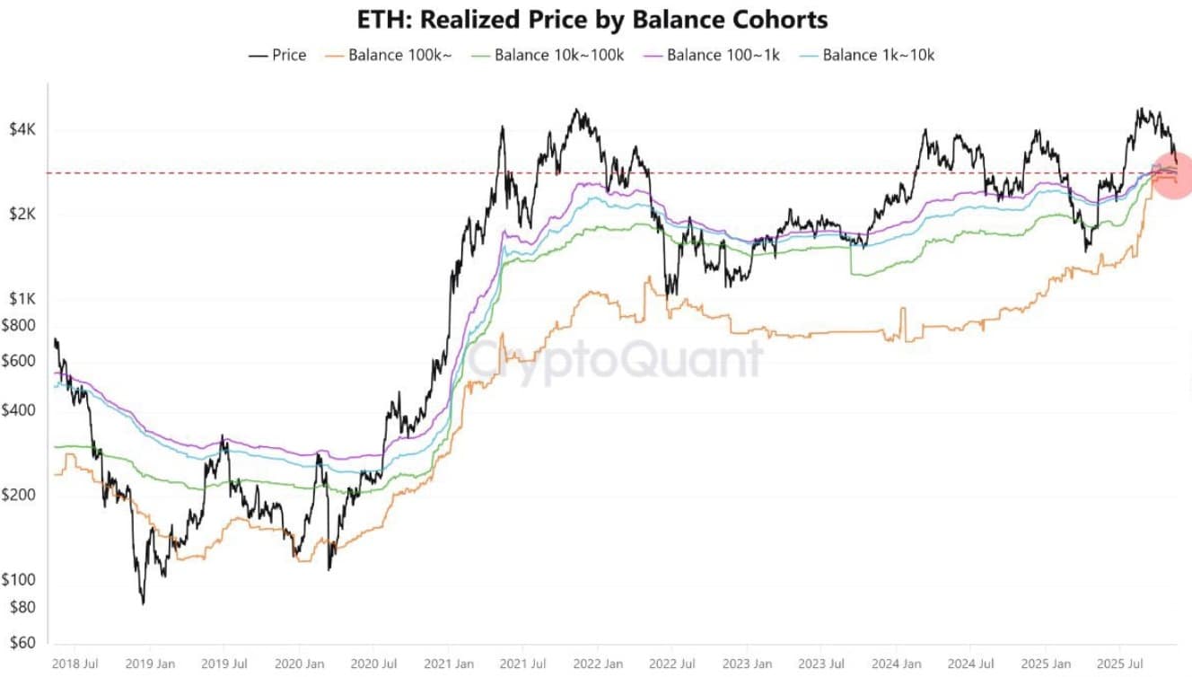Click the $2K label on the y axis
pyautogui.click(x=22, y=215)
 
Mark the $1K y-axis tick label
pyautogui.click(x=22, y=299)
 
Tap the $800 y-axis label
pyautogui.click(x=20, y=326)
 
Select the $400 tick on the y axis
pyautogui.click(x=20, y=411)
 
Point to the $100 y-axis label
pyautogui.click(x=20, y=580)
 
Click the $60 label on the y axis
pyautogui.click(x=22, y=643)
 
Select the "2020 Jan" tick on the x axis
pyautogui.click(x=299, y=664)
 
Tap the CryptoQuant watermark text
pyautogui.click(x=615, y=359)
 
